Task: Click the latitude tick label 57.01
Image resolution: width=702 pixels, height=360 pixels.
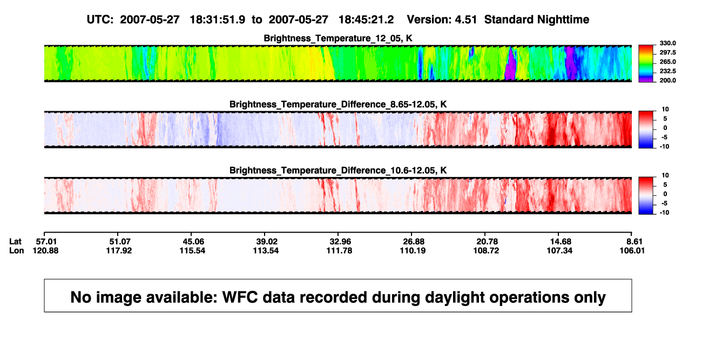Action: [46, 242]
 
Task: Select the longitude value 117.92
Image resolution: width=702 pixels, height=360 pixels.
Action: [119, 250]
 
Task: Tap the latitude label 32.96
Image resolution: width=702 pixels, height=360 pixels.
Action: [340, 242]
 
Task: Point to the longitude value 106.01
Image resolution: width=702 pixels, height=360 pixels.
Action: [632, 250]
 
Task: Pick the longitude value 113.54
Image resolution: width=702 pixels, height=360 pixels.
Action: [266, 250]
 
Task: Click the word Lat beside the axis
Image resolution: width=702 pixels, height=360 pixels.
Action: [15, 242]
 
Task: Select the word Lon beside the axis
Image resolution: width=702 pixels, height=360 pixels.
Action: [16, 250]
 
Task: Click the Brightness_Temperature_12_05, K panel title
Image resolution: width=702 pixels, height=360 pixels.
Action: [338, 38]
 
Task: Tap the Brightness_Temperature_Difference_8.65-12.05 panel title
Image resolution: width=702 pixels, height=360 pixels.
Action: [338, 104]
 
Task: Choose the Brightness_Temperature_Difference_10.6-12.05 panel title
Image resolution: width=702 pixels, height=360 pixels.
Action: [338, 171]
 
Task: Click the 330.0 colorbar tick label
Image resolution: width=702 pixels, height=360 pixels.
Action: [667, 43]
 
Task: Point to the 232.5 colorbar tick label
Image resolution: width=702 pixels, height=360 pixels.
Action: [667, 71]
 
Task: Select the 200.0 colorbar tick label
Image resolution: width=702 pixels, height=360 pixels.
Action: [667, 80]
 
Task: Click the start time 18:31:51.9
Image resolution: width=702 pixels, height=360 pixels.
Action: [218, 19]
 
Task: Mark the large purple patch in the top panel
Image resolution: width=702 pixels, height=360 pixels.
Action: [511, 64]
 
